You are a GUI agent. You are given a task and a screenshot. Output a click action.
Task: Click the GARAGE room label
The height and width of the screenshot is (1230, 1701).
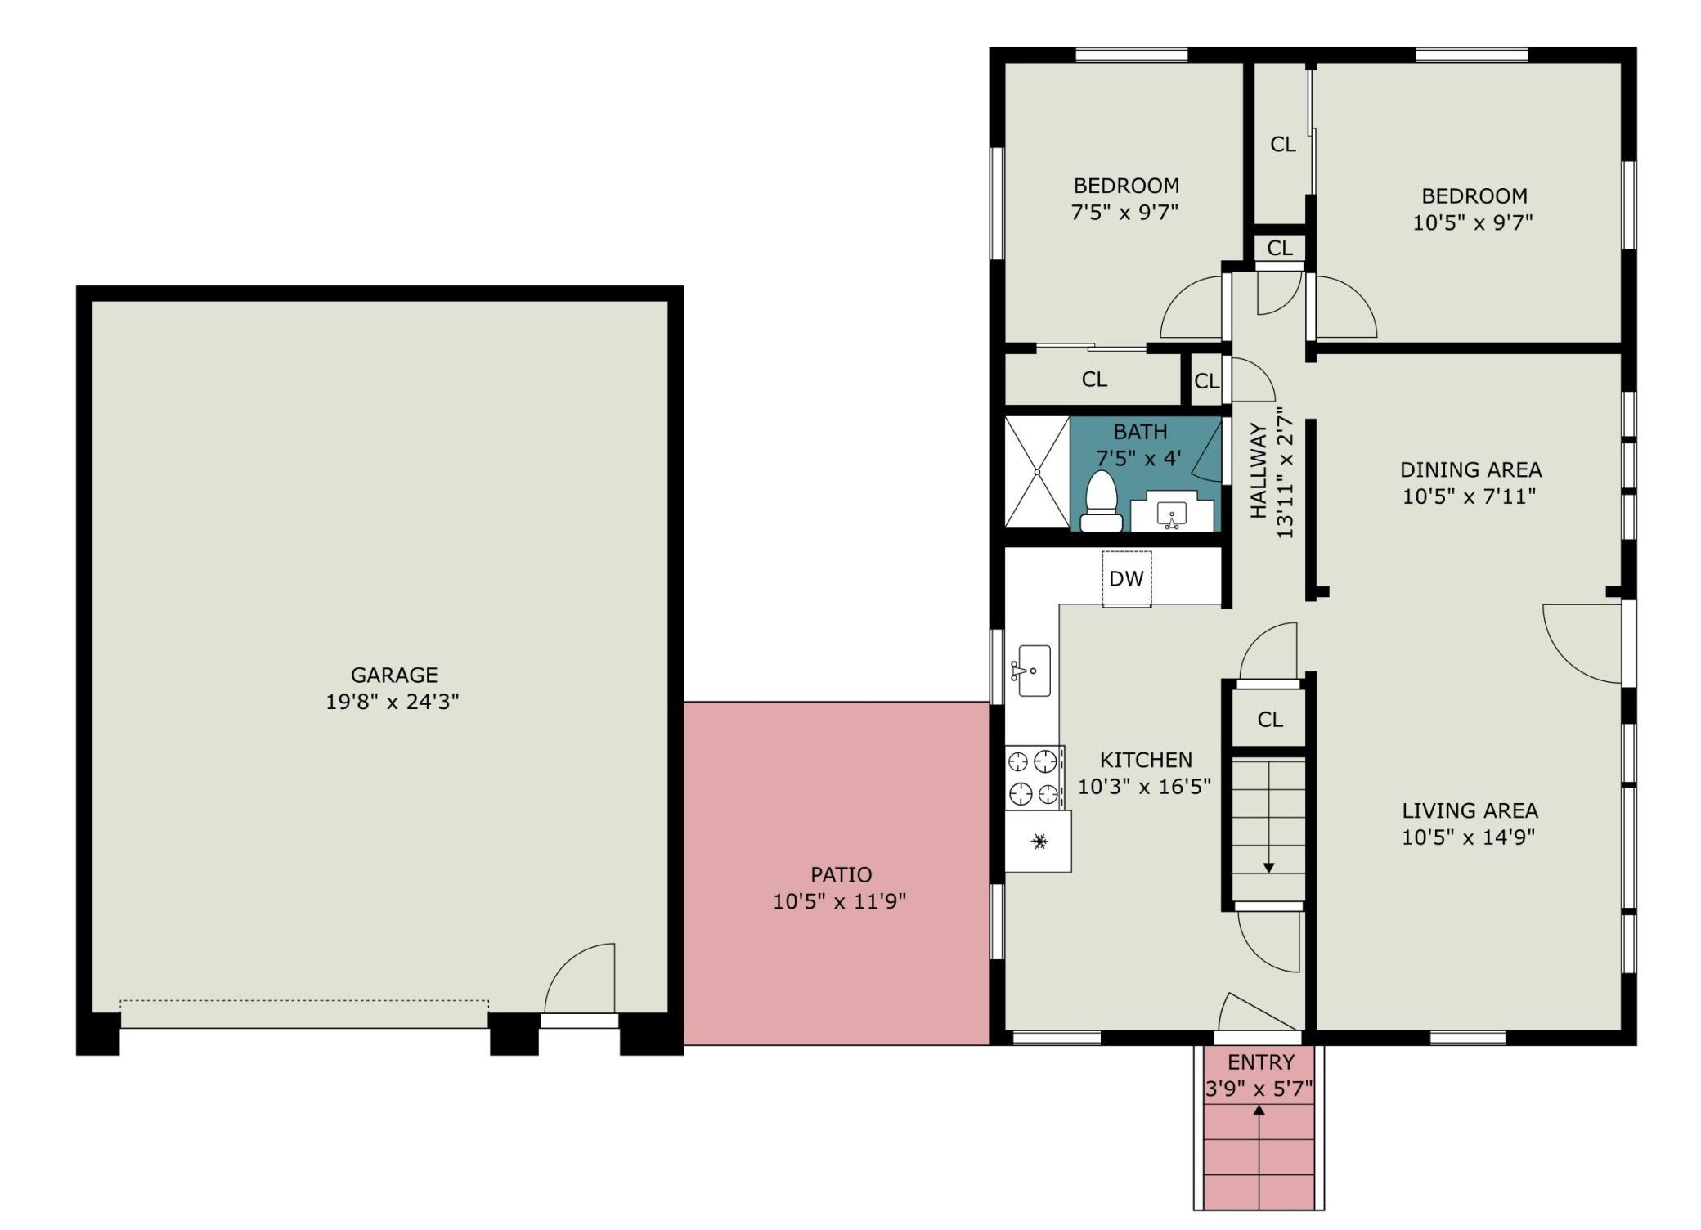pyautogui.click(x=394, y=675)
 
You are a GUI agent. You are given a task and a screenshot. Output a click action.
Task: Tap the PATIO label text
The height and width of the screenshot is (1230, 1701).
pyautogui.click(x=841, y=874)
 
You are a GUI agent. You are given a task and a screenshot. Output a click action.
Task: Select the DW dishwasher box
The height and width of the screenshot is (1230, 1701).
pyautogui.click(x=1126, y=578)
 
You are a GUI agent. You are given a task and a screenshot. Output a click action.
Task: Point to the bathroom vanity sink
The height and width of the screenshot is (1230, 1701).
pyautogui.click(x=1172, y=514)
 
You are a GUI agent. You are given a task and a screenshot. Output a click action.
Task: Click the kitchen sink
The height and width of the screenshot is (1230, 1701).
pyautogui.click(x=1034, y=671)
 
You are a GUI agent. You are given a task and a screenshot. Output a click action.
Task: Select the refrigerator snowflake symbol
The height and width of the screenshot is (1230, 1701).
pyautogui.click(x=1039, y=841)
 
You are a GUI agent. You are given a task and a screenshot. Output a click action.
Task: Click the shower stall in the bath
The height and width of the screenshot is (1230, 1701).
pyautogui.click(x=1037, y=472)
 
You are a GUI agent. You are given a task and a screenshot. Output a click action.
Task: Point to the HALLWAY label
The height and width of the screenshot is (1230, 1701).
pyautogui.click(x=1259, y=470)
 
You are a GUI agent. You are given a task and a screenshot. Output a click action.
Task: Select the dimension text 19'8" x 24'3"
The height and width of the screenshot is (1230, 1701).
pyautogui.click(x=393, y=702)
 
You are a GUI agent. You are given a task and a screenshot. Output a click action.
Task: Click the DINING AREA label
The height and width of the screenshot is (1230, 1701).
pyautogui.click(x=1470, y=470)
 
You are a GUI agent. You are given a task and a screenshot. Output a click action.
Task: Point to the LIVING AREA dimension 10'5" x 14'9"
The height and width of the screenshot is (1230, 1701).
pyautogui.click(x=1469, y=837)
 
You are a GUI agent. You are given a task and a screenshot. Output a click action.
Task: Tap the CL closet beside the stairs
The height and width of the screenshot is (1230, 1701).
pyautogui.click(x=1270, y=720)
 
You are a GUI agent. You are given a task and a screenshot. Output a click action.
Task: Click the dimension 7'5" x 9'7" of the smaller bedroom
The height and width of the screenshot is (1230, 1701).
pyautogui.click(x=1124, y=213)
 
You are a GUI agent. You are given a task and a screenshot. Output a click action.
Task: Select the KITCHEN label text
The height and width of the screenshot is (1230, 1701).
pyautogui.click(x=1146, y=760)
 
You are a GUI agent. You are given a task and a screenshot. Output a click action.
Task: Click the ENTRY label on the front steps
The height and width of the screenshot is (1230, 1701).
pyautogui.click(x=1261, y=1062)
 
